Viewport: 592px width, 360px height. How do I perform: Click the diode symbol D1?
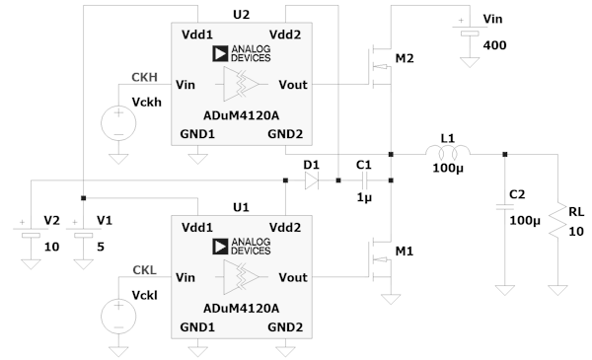tap(312, 180)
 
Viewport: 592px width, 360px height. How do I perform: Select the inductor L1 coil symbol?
tap(448, 152)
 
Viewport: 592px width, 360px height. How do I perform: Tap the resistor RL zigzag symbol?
tap(557, 222)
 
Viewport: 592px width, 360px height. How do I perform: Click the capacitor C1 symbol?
tap(364, 180)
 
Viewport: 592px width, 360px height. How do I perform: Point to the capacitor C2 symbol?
tap(505, 207)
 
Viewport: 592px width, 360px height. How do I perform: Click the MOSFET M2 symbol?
tap(381, 67)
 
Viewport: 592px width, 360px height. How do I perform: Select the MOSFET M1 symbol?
tap(381, 259)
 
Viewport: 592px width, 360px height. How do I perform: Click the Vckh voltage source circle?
tap(118, 123)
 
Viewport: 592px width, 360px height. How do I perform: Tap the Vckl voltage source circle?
tap(118, 317)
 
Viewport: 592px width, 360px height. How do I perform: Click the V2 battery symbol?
tap(31, 233)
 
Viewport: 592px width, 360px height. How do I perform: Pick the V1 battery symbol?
tap(84, 233)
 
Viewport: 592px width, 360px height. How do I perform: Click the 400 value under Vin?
tap(494, 45)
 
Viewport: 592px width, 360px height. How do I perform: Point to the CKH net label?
tap(144, 77)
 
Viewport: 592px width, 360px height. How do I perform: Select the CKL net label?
tap(144, 270)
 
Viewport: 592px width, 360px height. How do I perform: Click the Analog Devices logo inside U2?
tap(242, 53)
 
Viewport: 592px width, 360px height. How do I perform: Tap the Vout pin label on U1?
tap(293, 277)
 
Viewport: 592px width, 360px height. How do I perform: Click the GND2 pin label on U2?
tap(285, 134)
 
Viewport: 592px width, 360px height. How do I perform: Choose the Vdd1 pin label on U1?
tap(197, 228)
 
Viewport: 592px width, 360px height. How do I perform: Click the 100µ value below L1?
tap(448, 168)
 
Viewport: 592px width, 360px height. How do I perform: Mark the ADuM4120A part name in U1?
tap(242, 309)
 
